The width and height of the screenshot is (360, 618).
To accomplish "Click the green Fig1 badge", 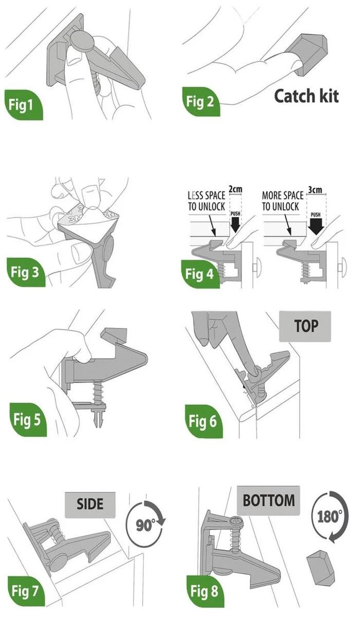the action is [24, 105].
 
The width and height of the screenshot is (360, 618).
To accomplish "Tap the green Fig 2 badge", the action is [201, 101].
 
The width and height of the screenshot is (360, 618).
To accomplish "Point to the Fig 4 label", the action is [200, 274].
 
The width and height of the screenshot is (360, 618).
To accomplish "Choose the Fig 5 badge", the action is [28, 419].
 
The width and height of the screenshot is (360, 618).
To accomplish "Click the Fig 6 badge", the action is [203, 421].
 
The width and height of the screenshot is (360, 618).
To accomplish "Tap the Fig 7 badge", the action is [26, 591].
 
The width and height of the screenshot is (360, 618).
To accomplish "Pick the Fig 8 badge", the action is [205, 591].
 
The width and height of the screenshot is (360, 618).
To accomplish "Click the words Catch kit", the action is [306, 96].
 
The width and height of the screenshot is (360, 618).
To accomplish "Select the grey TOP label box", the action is [305, 327].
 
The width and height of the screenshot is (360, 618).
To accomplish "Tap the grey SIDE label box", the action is [90, 505].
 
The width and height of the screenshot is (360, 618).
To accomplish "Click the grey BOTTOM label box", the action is [268, 501].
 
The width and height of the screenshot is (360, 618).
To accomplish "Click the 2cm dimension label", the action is [235, 189].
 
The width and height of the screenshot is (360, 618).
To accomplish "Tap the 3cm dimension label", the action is [315, 190].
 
